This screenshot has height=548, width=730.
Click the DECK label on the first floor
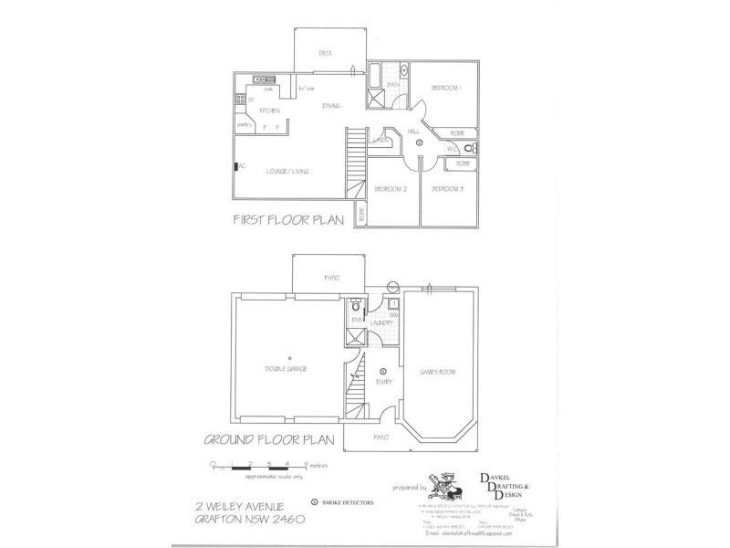[x=325, y=53]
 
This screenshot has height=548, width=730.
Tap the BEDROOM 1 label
[x=446, y=88]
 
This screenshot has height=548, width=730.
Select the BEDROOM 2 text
[x=390, y=189]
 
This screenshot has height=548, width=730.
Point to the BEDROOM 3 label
[x=447, y=189]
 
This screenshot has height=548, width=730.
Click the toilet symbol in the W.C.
[x=467, y=148]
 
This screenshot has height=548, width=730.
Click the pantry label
[x=245, y=124]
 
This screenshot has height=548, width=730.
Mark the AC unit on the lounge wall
[x=236, y=166]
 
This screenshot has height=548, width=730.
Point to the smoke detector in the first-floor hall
[x=418, y=143]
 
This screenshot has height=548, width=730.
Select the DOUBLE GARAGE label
[x=286, y=368]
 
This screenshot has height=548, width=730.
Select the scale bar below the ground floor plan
[x=259, y=468]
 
